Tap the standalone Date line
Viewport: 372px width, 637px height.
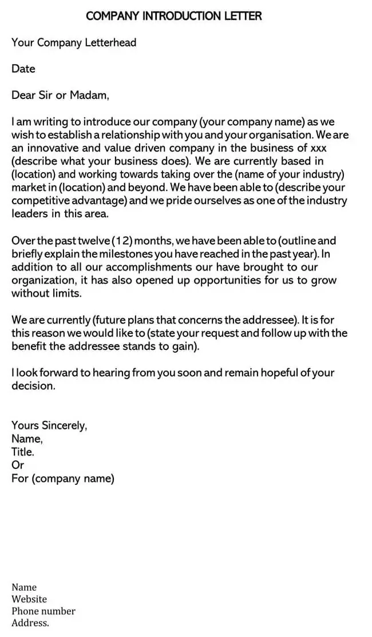[x=23, y=69]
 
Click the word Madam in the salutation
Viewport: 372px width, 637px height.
[x=89, y=95]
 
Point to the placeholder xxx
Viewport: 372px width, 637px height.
[x=318, y=148]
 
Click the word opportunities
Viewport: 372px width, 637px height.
[x=231, y=280]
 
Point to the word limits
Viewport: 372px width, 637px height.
[x=67, y=293]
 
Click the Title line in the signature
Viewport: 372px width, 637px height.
[x=23, y=452]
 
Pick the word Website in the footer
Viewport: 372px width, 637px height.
[x=29, y=599]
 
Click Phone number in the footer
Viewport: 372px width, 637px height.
[x=43, y=611]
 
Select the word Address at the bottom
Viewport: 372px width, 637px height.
[x=30, y=623]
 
